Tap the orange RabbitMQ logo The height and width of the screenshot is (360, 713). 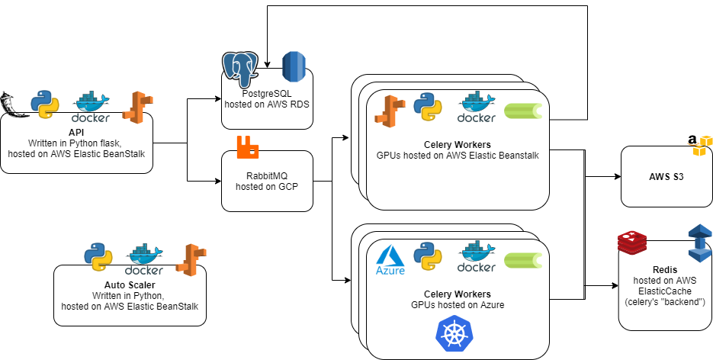248,147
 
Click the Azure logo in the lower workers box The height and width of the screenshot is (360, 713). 390,262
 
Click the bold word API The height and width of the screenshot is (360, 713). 75,133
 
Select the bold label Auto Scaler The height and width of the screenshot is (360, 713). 130,284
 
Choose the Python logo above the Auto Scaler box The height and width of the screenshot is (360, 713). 98,257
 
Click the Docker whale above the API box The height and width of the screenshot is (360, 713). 91,108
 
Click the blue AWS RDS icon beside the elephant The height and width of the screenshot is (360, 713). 294,69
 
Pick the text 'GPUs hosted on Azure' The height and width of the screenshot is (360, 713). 457,304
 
